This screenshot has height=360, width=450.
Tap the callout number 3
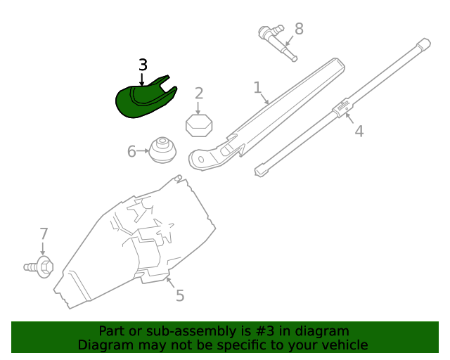[x=143, y=65]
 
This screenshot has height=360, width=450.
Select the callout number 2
[x=199, y=94]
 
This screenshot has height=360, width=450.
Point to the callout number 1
[x=257, y=88]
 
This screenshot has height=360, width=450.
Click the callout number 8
[x=299, y=29]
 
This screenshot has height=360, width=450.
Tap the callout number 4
[x=359, y=131]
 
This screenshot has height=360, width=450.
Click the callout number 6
[x=131, y=151]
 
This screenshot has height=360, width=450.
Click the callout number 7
[x=44, y=233]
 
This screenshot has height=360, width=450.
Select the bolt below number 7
[x=40, y=266]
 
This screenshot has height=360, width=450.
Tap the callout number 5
[x=180, y=296]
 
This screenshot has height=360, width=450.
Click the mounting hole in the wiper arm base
[x=201, y=160]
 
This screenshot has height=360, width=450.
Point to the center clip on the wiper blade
[x=342, y=109]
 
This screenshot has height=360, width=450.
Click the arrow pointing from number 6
[x=143, y=151]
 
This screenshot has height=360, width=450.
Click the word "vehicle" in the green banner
[x=343, y=345]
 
